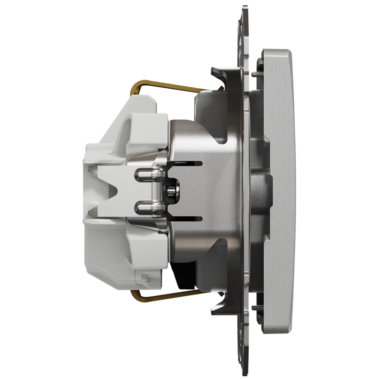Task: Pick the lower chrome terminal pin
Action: click(150, 207)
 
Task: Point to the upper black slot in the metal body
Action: click(186, 163)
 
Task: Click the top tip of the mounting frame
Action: click(244, 8)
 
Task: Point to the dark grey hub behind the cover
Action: click(262, 189)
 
